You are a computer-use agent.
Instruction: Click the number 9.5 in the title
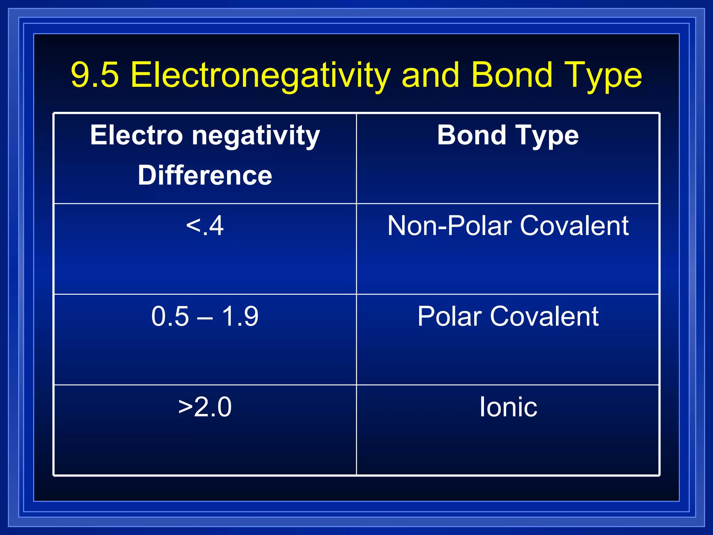pos(95,75)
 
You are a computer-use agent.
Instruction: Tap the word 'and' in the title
pos(430,75)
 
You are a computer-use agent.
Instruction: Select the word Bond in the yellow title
pos(512,75)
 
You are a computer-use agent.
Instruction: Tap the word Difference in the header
pos(205,175)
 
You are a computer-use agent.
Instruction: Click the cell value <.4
pos(205,226)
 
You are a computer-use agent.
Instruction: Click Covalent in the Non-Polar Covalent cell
pos(574,226)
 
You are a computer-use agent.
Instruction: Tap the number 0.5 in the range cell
pos(170,316)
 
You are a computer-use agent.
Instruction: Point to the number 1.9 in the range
pos(240,316)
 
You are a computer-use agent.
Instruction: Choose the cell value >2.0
pos(205,407)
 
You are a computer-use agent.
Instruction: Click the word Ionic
pos(508,407)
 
